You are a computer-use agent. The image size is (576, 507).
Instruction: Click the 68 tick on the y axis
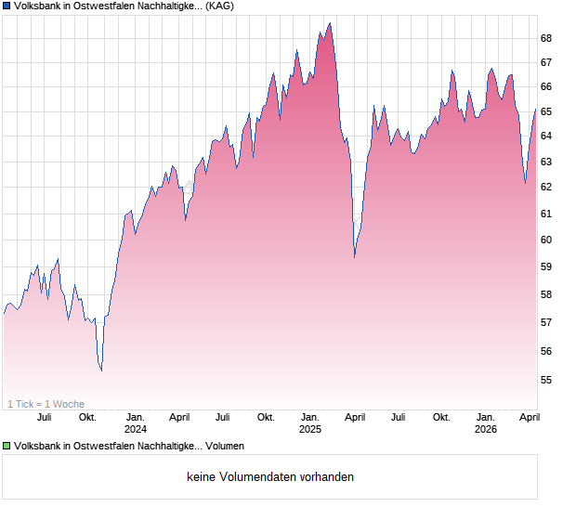(546, 38)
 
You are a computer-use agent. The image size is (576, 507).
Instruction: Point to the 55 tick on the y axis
(546, 380)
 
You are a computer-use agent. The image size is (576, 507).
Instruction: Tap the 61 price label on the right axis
(546, 214)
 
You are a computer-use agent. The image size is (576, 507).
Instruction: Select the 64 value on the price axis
(546, 136)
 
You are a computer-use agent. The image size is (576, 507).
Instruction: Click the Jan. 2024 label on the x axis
(136, 423)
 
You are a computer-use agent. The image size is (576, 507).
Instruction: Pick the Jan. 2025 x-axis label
(309, 423)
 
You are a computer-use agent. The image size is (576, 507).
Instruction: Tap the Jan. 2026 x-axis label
(485, 423)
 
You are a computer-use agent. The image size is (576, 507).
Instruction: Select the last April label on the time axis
(528, 418)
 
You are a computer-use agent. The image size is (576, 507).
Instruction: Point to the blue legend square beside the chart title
(7, 6)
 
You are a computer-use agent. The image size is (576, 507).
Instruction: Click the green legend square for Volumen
(7, 447)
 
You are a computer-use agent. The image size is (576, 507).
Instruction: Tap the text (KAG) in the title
(220, 6)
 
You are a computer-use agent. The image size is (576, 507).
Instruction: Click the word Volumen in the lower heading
(225, 447)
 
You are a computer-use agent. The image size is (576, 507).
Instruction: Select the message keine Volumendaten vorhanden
(270, 477)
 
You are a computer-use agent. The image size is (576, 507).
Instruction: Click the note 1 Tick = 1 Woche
(46, 404)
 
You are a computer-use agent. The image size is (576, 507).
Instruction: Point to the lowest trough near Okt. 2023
(101, 370)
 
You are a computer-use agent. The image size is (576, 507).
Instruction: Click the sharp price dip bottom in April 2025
(354, 257)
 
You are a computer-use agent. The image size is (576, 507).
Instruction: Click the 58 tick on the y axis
(546, 294)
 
